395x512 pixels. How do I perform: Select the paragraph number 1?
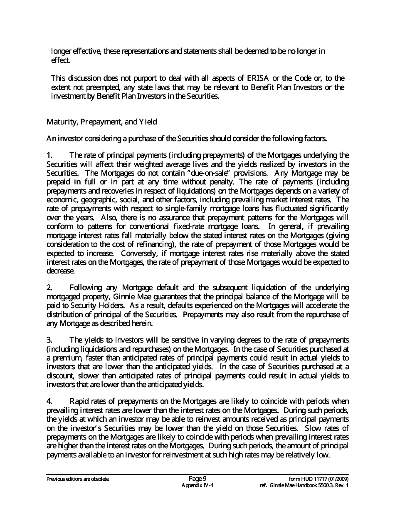[x=49, y=155]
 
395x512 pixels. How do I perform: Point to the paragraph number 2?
[x=49, y=288]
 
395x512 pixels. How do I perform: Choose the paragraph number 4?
[x=49, y=401]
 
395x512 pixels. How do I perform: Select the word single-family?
[x=202, y=208]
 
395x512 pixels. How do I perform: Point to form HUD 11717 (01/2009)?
[x=319, y=479]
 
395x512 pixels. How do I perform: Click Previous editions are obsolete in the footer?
[x=78, y=479]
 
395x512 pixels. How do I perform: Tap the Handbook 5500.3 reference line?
[x=304, y=485]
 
